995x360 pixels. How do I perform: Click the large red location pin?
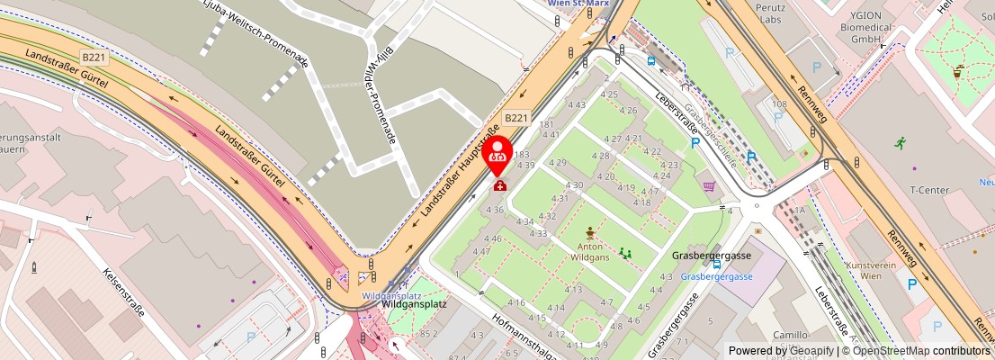[498, 154]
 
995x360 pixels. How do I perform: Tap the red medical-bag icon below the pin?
[498, 184]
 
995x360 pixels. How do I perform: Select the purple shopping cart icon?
[709, 186]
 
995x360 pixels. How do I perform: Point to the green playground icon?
[624, 254]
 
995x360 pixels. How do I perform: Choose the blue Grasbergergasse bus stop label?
[716, 276]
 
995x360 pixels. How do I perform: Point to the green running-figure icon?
[900, 142]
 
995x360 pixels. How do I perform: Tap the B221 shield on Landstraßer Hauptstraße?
[515, 118]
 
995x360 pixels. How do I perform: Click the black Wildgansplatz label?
[415, 305]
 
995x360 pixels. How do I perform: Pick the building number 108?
[779, 104]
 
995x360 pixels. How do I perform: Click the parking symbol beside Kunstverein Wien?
[911, 284]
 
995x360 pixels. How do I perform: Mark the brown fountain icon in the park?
[590, 231]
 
